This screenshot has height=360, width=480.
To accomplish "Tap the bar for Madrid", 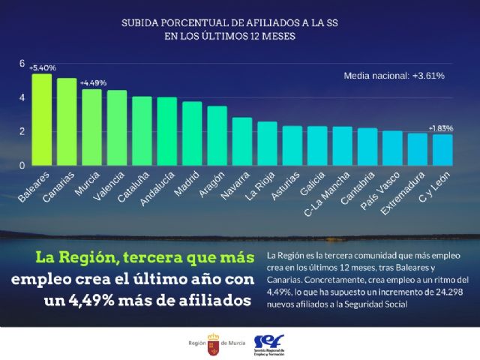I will [x=192, y=133].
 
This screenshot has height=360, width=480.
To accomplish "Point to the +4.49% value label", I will [x=94, y=82].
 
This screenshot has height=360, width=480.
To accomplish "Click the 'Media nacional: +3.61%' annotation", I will [x=394, y=76].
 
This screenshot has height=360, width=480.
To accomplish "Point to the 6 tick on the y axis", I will [x=22, y=64].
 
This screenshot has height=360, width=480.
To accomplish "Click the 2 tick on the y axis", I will [x=22, y=131].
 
